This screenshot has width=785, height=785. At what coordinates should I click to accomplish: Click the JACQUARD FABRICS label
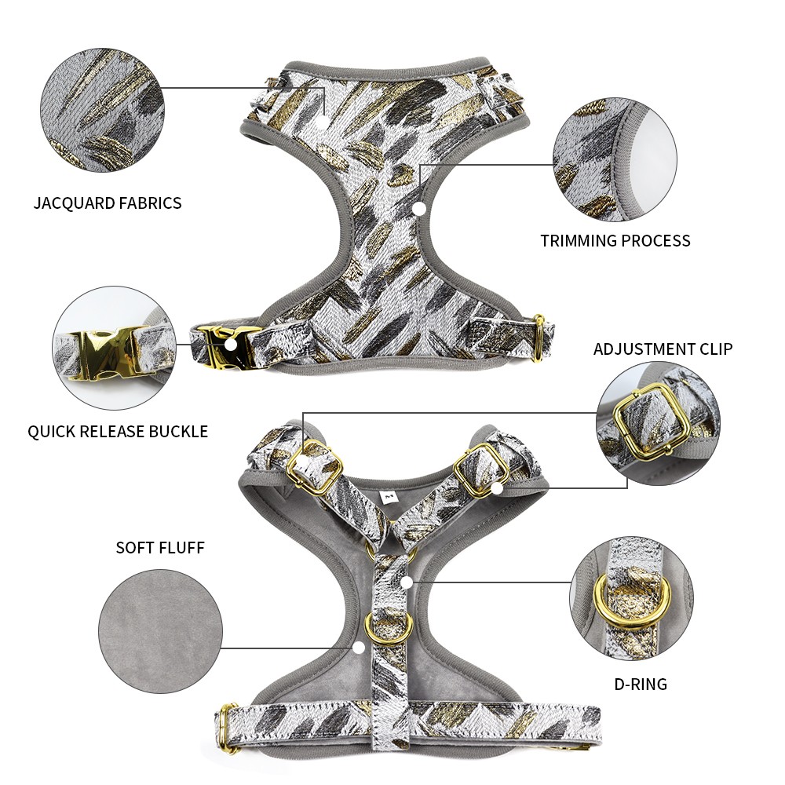tap(107, 203)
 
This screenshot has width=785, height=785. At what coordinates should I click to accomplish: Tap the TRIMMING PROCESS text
tap(615, 241)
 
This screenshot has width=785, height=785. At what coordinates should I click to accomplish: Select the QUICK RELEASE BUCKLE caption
tap(118, 431)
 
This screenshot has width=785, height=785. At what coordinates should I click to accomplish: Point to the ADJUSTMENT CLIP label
tap(663, 349)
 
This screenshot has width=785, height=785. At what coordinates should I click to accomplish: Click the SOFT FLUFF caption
tap(160, 548)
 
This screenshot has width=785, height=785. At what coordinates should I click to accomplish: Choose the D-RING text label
tap(641, 684)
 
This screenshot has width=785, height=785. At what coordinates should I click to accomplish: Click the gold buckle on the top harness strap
tap(223, 346)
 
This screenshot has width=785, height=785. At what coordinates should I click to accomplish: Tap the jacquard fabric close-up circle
tap(103, 110)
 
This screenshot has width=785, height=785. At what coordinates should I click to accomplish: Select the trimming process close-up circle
tap(615, 159)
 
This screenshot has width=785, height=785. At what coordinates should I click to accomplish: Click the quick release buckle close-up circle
tap(114, 349)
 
